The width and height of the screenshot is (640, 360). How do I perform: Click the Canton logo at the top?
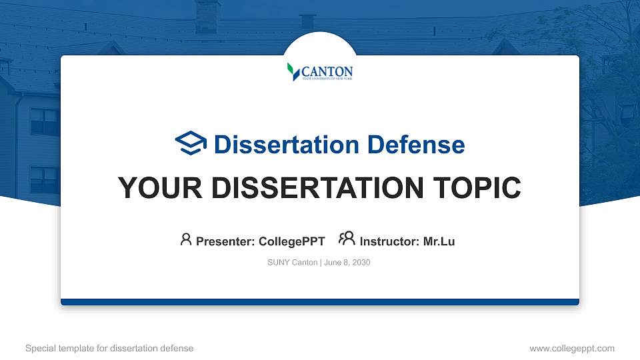pyautogui.click(x=320, y=71)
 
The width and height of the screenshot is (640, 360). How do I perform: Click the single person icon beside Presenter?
pyautogui.click(x=186, y=239)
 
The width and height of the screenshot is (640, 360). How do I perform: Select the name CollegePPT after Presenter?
pyautogui.click(x=291, y=241)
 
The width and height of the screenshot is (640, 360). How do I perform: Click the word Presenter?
pyautogui.click(x=224, y=241)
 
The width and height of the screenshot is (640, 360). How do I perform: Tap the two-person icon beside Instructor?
pyautogui.click(x=347, y=239)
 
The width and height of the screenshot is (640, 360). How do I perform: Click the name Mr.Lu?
pyautogui.click(x=439, y=241)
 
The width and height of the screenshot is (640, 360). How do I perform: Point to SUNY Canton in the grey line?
pyautogui.click(x=292, y=263)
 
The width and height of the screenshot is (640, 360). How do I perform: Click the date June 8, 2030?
pyautogui.click(x=347, y=263)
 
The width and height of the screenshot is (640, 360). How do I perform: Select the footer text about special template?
pyautogui.click(x=109, y=348)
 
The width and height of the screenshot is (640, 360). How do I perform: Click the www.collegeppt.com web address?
pyautogui.click(x=572, y=348)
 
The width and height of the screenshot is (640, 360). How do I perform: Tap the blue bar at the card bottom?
pyautogui.click(x=320, y=302)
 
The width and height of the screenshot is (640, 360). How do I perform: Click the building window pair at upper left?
pyautogui.click(x=45, y=122)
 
